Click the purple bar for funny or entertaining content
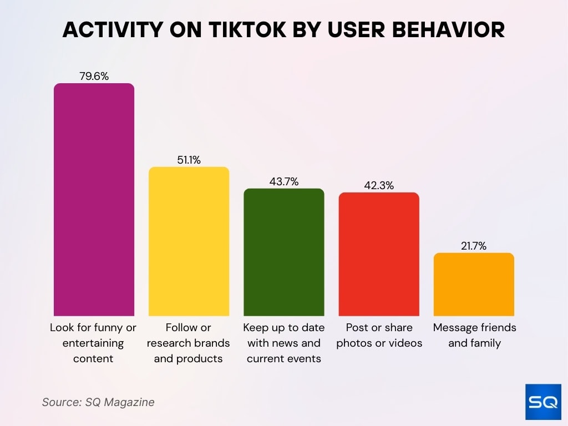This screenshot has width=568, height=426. click(94, 200)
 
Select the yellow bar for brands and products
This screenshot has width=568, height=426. click(189, 241)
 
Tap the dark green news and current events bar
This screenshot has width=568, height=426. click(284, 252)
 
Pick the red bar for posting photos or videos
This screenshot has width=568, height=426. click(379, 254)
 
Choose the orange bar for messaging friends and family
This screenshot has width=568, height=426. click(474, 285)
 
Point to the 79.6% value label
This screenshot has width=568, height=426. click(94, 76)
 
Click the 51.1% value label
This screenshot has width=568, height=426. click(189, 160)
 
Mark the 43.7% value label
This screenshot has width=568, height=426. click(284, 181)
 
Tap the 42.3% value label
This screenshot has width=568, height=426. click(379, 185)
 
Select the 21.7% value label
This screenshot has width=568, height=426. click(474, 246)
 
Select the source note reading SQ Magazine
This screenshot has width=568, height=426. click(98, 402)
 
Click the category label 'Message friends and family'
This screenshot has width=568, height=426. click(474, 335)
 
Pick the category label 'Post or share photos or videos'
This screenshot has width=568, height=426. click(379, 335)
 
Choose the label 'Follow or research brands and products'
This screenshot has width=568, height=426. click(189, 343)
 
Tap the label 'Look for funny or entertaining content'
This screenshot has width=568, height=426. click(93, 343)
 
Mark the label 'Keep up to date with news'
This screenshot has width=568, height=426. click(284, 343)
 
